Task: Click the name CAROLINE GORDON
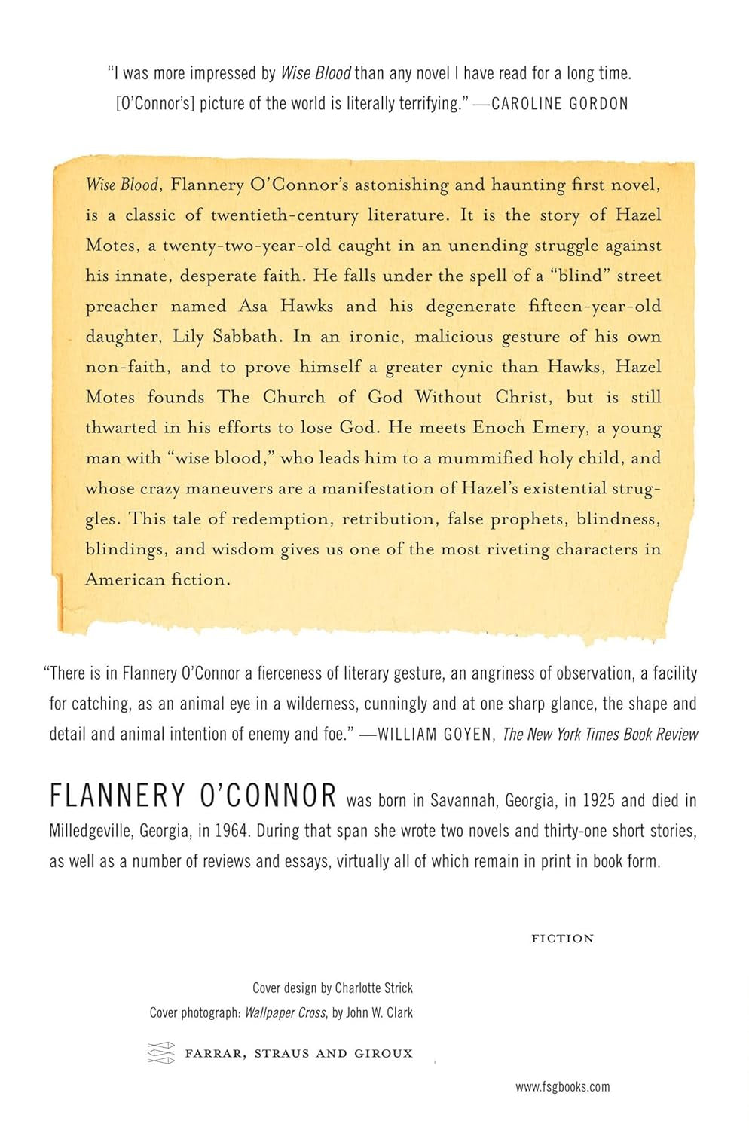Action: tap(560, 104)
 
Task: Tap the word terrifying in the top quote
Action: tap(421, 104)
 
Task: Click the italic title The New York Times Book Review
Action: tap(601, 734)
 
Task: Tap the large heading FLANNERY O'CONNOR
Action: tap(193, 796)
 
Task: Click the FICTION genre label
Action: tap(563, 939)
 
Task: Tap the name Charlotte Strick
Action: tap(374, 988)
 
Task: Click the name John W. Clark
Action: tap(380, 1012)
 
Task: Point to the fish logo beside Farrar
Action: tap(160, 1053)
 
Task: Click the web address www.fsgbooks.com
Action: tap(563, 1086)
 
